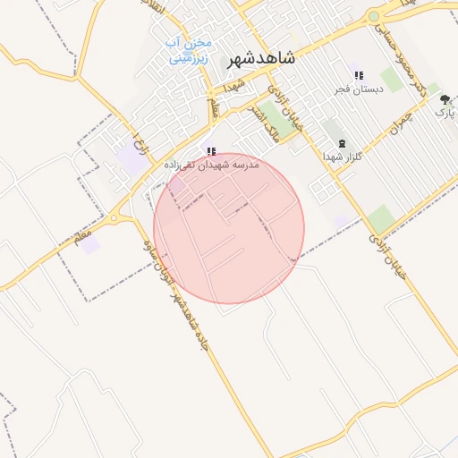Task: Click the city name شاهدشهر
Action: (260, 57)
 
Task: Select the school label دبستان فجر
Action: (359, 89)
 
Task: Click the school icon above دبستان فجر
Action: (359, 76)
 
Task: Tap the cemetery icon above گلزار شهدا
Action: (340, 143)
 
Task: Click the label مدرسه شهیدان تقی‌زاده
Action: (211, 165)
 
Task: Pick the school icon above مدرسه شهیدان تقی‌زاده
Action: (211, 152)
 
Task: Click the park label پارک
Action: (445, 113)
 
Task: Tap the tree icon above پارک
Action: (445, 100)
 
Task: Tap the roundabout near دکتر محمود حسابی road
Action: (374, 16)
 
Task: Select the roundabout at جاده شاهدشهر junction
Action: (114, 217)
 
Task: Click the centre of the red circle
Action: (229, 228)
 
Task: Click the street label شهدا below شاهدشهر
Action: (234, 87)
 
